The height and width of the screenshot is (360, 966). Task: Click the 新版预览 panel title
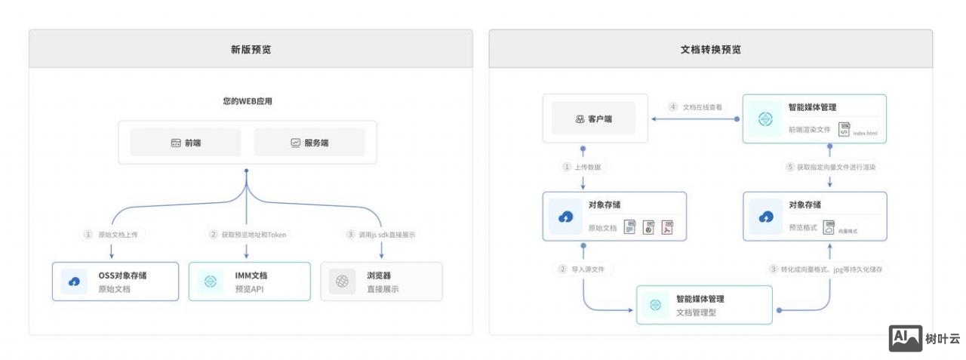tap(251, 50)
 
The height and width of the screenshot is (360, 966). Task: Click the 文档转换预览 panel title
tap(710, 50)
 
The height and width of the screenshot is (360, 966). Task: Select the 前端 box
tap(186, 142)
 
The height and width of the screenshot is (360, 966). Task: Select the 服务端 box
tap(309, 142)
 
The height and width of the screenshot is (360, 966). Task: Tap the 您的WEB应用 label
tap(247, 100)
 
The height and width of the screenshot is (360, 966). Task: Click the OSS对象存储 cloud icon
tap(74, 282)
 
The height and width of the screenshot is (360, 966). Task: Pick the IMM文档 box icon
tap(211, 282)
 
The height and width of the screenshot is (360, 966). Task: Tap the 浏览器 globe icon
tap(343, 282)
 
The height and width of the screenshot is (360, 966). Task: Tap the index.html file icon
tap(844, 129)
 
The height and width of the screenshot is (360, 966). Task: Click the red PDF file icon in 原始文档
tap(667, 227)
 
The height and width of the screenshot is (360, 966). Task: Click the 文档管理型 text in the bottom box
tap(697, 312)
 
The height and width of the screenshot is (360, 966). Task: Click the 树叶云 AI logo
tap(905, 339)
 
